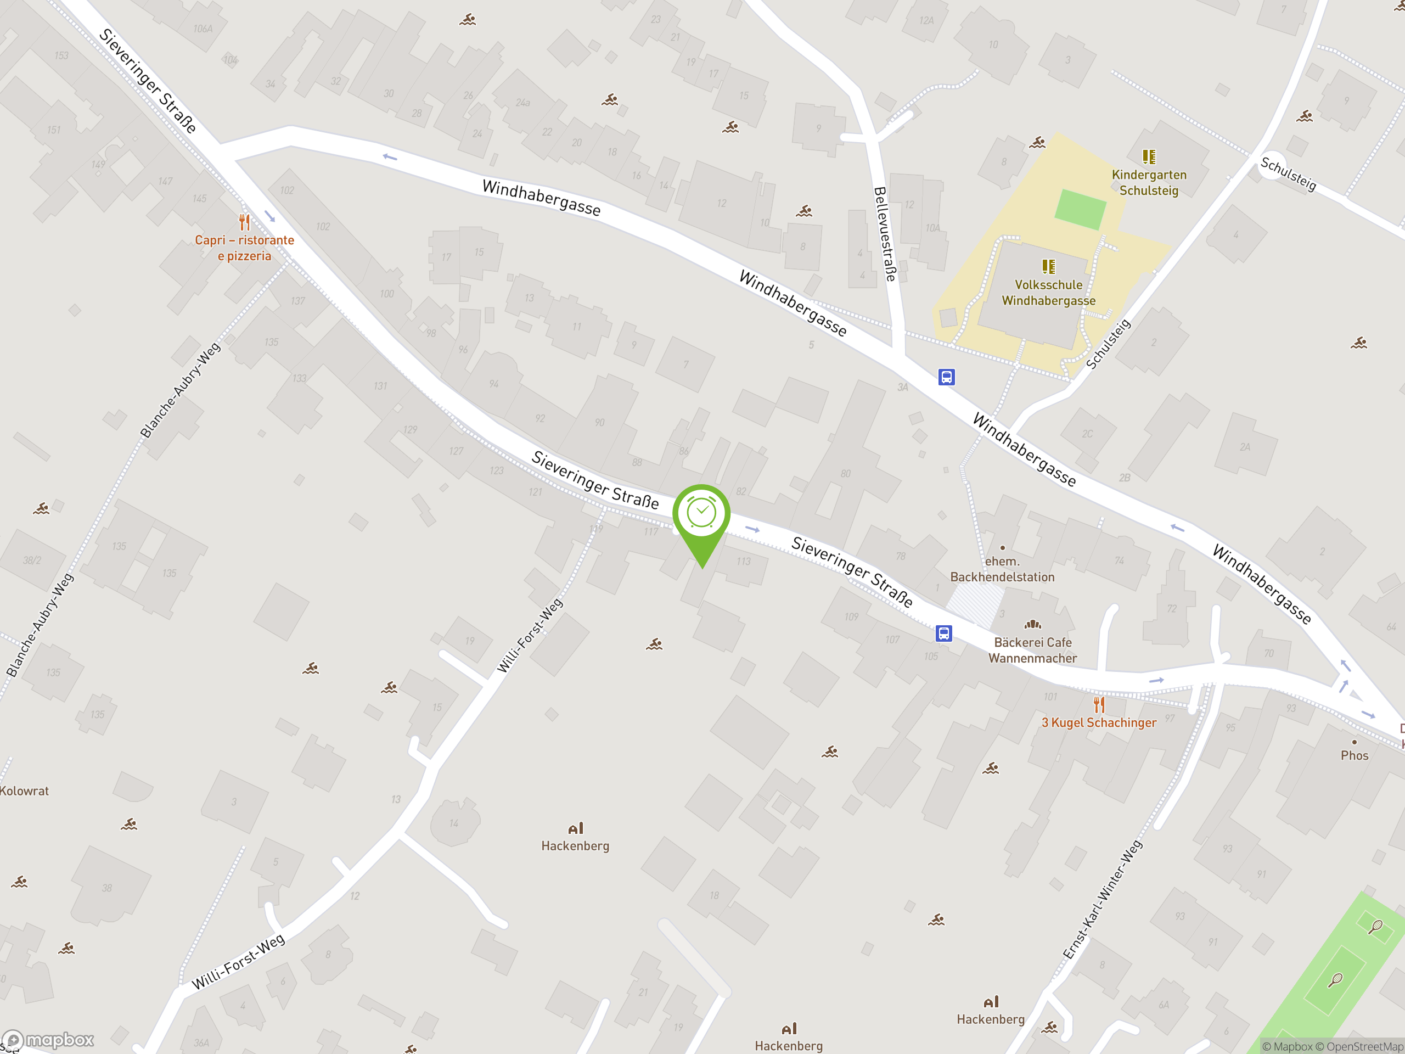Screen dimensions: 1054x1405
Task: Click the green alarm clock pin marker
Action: (x=701, y=514)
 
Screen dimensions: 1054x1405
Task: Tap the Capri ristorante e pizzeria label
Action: (x=245, y=248)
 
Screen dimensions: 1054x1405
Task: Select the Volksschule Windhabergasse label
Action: (x=1048, y=293)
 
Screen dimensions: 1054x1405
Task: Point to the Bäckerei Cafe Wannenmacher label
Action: (x=1032, y=650)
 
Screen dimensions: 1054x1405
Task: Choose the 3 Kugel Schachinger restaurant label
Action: (x=1098, y=722)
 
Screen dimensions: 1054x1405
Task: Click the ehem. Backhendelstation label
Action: (x=1002, y=569)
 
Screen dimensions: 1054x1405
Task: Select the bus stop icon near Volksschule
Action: (x=946, y=377)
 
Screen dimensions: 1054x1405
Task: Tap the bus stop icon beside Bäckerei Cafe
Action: (x=944, y=633)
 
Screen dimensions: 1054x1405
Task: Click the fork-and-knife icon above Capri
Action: (x=245, y=222)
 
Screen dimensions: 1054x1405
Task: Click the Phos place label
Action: (x=1354, y=755)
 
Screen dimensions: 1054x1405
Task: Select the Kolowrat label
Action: (x=24, y=791)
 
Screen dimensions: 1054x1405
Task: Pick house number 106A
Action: (x=203, y=29)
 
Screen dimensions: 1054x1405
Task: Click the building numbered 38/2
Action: (x=32, y=560)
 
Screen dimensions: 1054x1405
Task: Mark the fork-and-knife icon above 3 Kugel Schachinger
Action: (x=1099, y=704)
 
